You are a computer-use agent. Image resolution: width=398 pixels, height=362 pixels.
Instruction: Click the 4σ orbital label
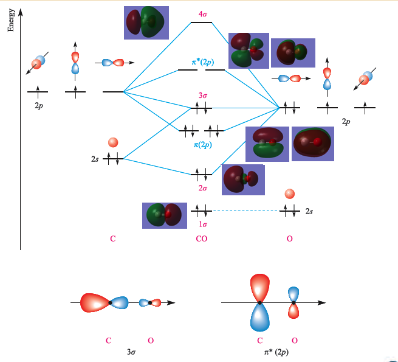tap(202, 13)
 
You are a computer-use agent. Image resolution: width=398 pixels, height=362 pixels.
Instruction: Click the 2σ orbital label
tap(203, 188)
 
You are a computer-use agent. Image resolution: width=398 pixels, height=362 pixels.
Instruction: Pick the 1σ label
tap(203, 224)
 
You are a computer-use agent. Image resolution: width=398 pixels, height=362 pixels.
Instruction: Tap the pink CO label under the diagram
tap(201, 239)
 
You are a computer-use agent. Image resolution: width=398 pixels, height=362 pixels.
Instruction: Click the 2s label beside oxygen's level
tap(309, 211)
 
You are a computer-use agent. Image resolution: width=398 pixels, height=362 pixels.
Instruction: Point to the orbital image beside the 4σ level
tap(145, 23)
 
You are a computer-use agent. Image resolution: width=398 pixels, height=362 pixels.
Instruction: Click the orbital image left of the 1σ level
tap(164, 215)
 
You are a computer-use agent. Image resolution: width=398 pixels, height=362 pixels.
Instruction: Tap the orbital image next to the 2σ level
tap(242, 179)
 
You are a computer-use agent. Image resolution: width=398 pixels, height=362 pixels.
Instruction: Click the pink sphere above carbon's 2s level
tap(112, 143)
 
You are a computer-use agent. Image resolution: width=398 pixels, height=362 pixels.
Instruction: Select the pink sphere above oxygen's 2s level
tap(290, 193)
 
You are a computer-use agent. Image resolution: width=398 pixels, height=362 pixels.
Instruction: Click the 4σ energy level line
tap(202, 23)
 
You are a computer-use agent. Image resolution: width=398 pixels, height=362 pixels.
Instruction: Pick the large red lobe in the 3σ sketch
tap(94, 302)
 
